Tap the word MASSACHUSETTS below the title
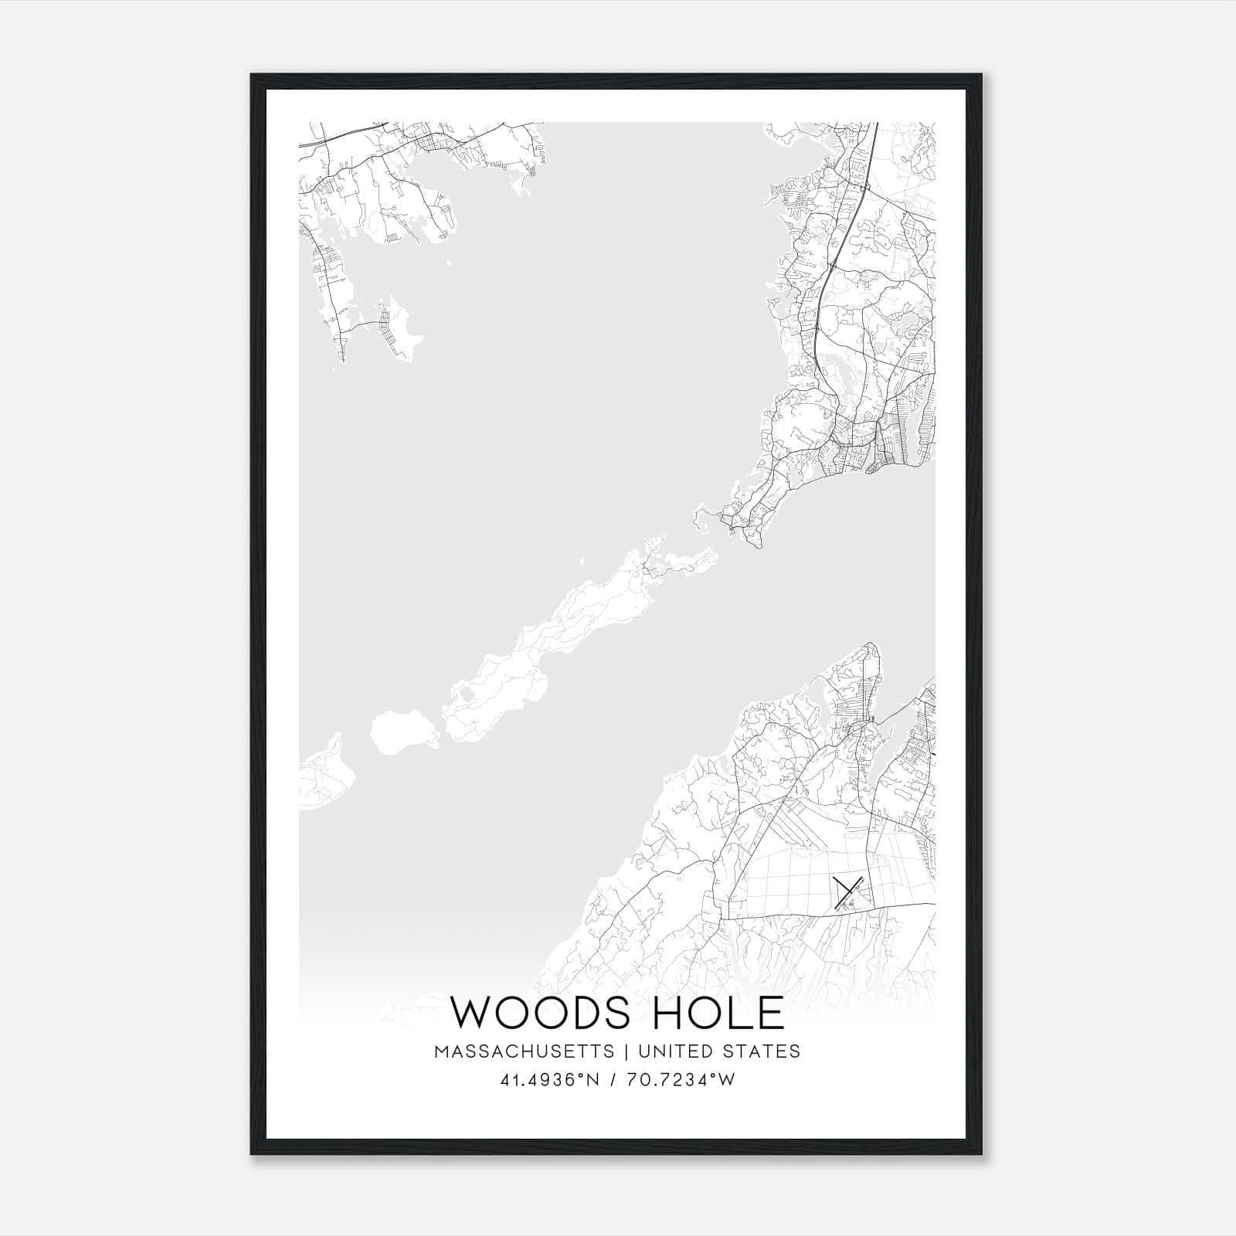(x=525, y=1051)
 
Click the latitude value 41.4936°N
(x=550, y=1080)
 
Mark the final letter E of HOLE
(x=770, y=1013)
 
